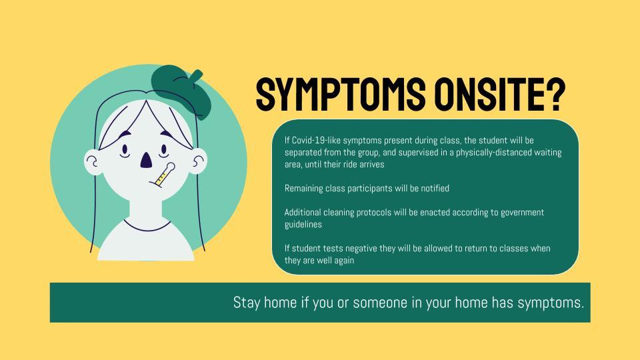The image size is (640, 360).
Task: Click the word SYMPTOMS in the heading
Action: click(341, 94)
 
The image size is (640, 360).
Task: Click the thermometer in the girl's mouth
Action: click(162, 175)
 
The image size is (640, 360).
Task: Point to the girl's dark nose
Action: click(146, 159)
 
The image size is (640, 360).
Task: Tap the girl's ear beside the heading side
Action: click(199, 161)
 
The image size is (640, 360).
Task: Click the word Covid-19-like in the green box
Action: click(316, 141)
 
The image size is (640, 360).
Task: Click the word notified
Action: click(435, 189)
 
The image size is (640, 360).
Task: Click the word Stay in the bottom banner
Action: click(247, 303)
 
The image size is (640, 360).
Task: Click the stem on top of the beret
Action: click(196, 76)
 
